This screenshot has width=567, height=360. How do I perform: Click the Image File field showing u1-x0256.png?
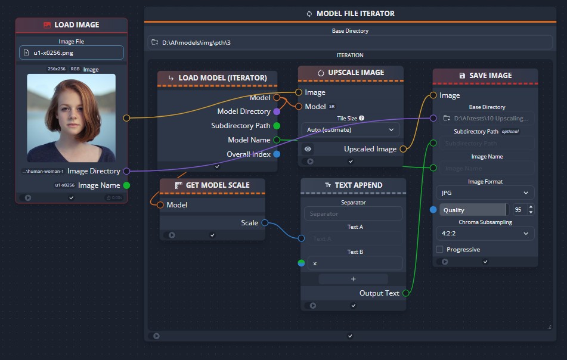pos(72,52)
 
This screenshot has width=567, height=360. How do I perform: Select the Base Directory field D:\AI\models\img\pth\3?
pos(350,42)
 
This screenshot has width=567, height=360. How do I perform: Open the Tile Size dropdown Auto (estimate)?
pos(350,129)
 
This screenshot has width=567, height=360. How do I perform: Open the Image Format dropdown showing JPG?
pos(485,193)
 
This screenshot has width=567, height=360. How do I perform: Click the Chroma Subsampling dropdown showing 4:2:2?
pos(485,234)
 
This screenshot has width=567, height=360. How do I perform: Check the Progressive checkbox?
pos(440,249)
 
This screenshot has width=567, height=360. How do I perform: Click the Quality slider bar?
pos(473,210)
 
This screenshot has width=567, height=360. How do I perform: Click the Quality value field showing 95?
pos(518,210)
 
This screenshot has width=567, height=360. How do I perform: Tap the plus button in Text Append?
pos(353,278)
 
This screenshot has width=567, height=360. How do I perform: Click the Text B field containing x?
pos(355,263)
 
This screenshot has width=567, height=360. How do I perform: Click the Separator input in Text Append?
pos(353,214)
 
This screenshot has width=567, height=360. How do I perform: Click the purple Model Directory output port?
pos(276,111)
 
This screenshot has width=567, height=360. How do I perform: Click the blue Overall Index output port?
pos(276,154)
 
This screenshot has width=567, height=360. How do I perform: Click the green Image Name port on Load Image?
pos(126,185)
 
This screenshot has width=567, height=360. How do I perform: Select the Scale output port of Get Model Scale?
pos(264,223)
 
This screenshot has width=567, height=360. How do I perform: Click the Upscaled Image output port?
pos(403,149)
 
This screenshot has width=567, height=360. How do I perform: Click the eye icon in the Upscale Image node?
pos(308,149)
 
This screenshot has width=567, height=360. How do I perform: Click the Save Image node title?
pos(485,76)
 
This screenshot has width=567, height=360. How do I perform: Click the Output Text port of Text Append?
pos(406,293)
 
